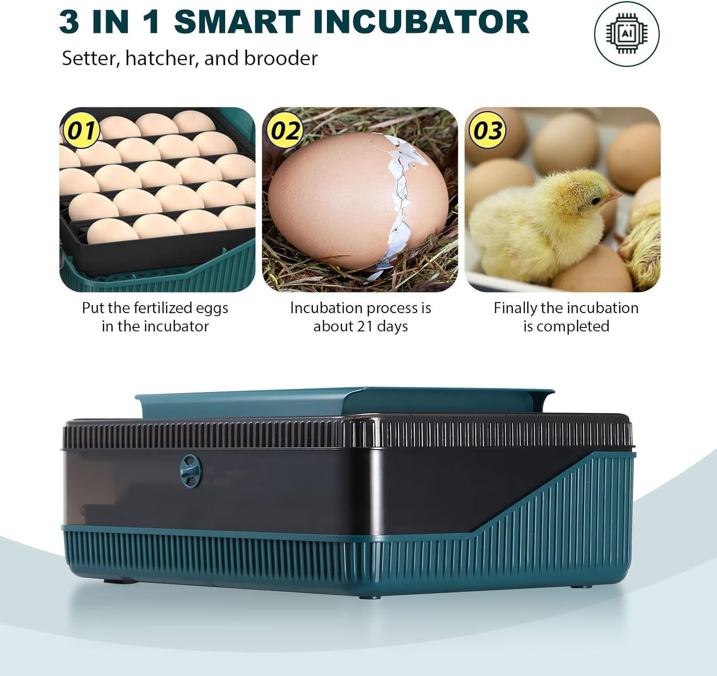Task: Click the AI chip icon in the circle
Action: coord(627,33)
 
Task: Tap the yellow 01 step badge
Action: coord(80,131)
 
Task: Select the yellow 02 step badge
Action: coord(285,131)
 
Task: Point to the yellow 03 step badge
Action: coord(488,131)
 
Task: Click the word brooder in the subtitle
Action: coord(281,59)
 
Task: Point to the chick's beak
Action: coord(615,194)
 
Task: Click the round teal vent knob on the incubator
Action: coord(190,471)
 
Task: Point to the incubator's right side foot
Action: coord(580,586)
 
